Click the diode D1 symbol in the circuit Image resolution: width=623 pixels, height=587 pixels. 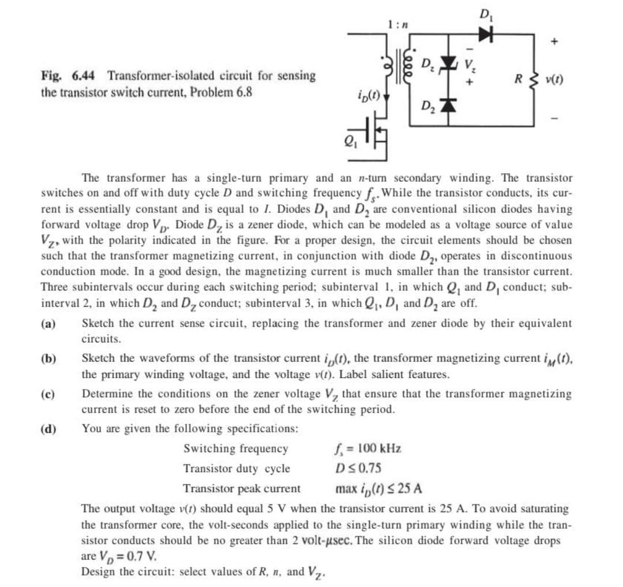tap(483, 35)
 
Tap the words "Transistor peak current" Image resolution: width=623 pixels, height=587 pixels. tap(242, 489)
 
